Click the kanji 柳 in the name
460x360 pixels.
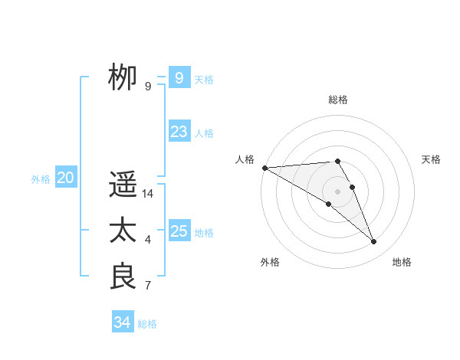coord(123,77)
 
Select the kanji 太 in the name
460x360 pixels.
coord(123,231)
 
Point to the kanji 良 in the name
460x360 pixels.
coord(123,277)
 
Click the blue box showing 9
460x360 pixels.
coord(179,77)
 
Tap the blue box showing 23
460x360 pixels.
coord(179,132)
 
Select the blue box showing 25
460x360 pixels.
coord(179,231)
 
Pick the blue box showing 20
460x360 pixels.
coord(65,178)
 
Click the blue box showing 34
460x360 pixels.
coord(122,322)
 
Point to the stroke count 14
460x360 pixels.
coord(148,194)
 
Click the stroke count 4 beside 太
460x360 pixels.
coord(148,241)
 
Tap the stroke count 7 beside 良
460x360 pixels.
coord(148,286)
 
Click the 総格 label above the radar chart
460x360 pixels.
coord(338,100)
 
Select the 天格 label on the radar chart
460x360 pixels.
coord(432,159)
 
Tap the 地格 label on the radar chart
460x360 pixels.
coord(402,262)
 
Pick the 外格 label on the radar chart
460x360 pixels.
coord(270,262)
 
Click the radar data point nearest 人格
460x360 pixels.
coord(264,168)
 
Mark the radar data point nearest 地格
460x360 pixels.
coord(374,242)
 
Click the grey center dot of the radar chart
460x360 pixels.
coord(337,191)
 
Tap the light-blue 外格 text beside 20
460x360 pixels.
coord(41,178)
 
